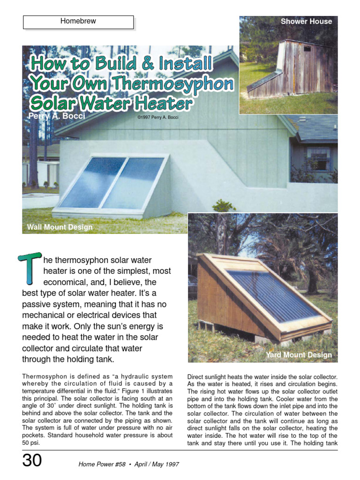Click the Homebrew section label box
click(x=78, y=22)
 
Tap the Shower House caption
click(x=306, y=22)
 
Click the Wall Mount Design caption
click(x=60, y=227)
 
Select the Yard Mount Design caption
click(x=299, y=355)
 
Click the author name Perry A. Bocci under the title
click(x=57, y=116)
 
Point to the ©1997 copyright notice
click(x=157, y=117)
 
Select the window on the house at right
click(x=319, y=159)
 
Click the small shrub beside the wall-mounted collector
click(x=223, y=206)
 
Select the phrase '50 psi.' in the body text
click(x=30, y=442)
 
